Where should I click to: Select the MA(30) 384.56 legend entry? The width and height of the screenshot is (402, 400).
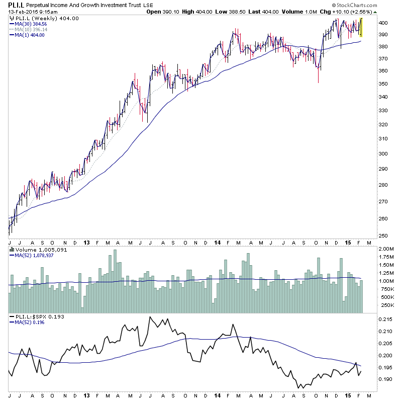coord(31,24)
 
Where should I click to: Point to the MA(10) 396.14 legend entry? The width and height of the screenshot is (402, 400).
coord(31,29)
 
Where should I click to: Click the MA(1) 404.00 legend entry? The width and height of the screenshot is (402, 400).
coord(29,35)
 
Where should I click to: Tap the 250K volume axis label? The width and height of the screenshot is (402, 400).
coord(386,305)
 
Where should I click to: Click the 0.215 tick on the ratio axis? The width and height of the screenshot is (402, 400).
coord(386,319)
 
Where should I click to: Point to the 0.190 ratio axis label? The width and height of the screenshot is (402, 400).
coord(386,379)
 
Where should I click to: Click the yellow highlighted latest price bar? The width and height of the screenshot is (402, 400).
coord(362,28)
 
